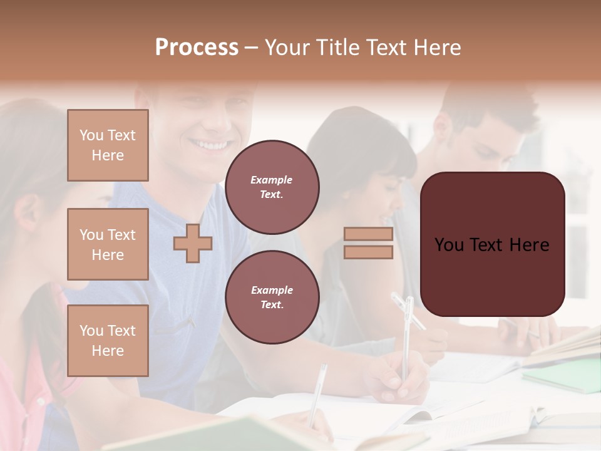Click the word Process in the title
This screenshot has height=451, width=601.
(197, 48)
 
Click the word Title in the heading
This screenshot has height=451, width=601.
(337, 48)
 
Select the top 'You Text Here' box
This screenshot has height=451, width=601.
(108, 145)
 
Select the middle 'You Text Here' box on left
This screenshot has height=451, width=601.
(108, 244)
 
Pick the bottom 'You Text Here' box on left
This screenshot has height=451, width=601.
(108, 341)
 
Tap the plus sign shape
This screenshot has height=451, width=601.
(192, 243)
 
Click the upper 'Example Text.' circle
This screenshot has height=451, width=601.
(272, 187)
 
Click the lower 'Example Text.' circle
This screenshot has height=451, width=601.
(272, 298)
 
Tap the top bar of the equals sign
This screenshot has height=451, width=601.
(368, 234)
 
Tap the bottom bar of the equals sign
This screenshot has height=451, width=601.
(368, 252)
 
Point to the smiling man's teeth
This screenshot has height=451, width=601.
(210, 145)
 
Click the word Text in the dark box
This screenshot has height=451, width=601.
(491, 245)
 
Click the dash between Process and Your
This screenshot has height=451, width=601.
(252, 48)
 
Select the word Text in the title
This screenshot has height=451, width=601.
(387, 48)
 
